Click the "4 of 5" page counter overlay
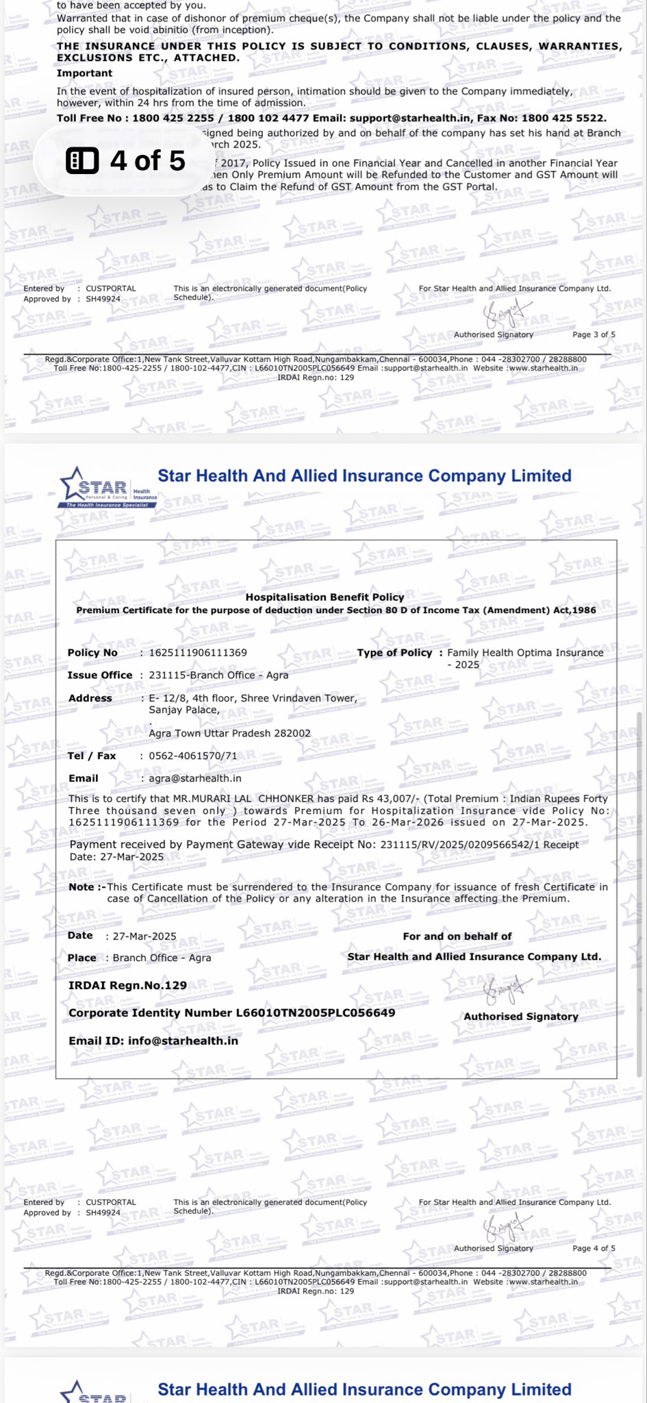click(147, 161)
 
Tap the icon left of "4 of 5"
click(82, 161)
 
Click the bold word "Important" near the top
click(84, 73)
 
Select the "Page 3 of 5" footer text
click(594, 334)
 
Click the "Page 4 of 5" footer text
click(594, 1247)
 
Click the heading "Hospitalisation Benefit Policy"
click(325, 597)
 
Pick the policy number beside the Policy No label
click(198, 652)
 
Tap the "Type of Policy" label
click(394, 652)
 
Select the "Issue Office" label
click(100, 675)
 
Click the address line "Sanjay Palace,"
click(184, 710)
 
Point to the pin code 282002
click(292, 733)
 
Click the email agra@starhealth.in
click(195, 778)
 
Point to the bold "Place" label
click(81, 957)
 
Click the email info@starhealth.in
click(183, 1041)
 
